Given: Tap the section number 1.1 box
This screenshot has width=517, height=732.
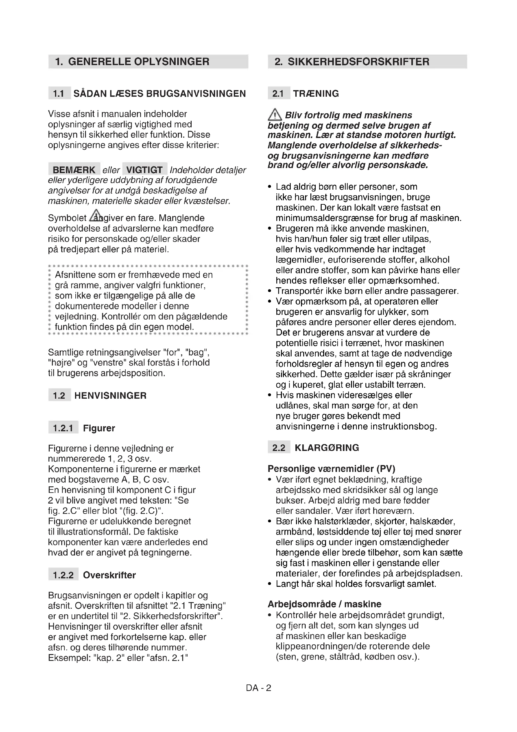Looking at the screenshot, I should pyautogui.click(x=59, y=93).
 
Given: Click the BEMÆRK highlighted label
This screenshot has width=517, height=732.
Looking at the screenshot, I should pyautogui.click(x=74, y=170).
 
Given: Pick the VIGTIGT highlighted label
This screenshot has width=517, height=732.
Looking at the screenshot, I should pyautogui.click(x=144, y=170).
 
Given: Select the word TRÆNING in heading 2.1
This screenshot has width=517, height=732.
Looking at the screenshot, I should pyautogui.click(x=316, y=93).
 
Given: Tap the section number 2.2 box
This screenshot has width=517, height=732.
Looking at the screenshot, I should pyautogui.click(x=279, y=448).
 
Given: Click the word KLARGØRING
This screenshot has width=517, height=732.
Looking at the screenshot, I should pyautogui.click(x=327, y=448).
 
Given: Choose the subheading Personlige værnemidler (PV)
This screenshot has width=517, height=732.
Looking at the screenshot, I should pyautogui.click(x=331, y=469).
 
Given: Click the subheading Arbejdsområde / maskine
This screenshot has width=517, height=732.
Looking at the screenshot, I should pyautogui.click(x=324, y=604).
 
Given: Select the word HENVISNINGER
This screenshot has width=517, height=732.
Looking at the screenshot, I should pyautogui.click(x=110, y=396).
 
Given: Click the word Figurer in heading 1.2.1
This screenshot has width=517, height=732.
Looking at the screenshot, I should pyautogui.click(x=99, y=428).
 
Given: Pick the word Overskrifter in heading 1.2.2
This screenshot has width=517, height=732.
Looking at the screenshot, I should pyautogui.click(x=109, y=575).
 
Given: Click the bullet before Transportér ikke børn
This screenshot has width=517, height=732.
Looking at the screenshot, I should pyautogui.click(x=270, y=291).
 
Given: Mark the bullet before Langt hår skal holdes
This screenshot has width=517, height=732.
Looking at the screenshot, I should pyautogui.click(x=270, y=584).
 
